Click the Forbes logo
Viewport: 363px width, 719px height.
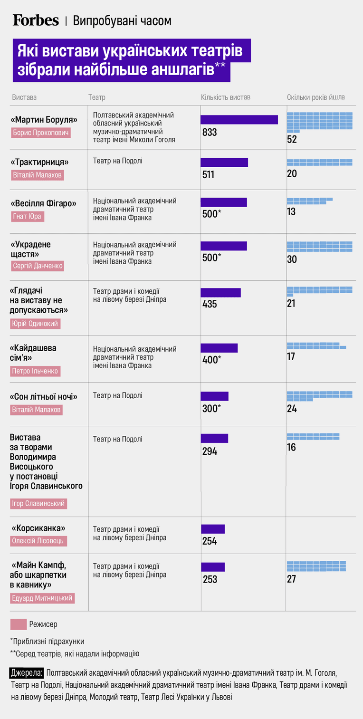point(36,20)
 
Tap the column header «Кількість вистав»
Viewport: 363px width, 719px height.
point(226,97)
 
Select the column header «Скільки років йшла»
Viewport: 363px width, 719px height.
point(316,97)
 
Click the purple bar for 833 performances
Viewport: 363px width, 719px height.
point(239,120)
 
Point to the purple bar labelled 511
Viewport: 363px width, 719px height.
point(224,163)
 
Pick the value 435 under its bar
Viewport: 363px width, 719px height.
point(210,304)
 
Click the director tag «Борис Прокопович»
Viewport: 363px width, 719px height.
point(41,133)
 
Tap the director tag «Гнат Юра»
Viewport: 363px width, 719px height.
point(27,216)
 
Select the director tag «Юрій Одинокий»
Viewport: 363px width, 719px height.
point(35,324)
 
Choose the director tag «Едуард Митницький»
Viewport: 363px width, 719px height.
point(42,598)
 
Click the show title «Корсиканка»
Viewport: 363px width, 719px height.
point(38,528)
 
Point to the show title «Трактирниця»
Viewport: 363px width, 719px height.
point(40,163)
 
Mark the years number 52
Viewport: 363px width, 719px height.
point(292,139)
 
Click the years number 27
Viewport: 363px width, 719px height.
point(291,579)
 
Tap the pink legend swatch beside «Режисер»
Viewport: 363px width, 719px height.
point(19,624)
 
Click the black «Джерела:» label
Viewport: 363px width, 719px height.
point(26,673)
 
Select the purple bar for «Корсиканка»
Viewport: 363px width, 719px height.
point(213,529)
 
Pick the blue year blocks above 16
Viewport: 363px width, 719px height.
point(313,437)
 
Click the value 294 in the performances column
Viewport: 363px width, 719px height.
point(210,451)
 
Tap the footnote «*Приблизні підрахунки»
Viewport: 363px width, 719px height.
point(47,642)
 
